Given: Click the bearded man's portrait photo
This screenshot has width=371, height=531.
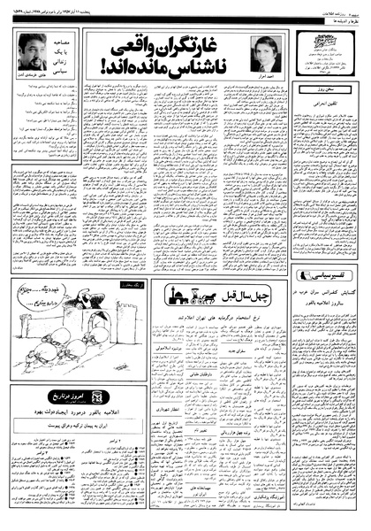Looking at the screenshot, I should pos(33,53).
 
